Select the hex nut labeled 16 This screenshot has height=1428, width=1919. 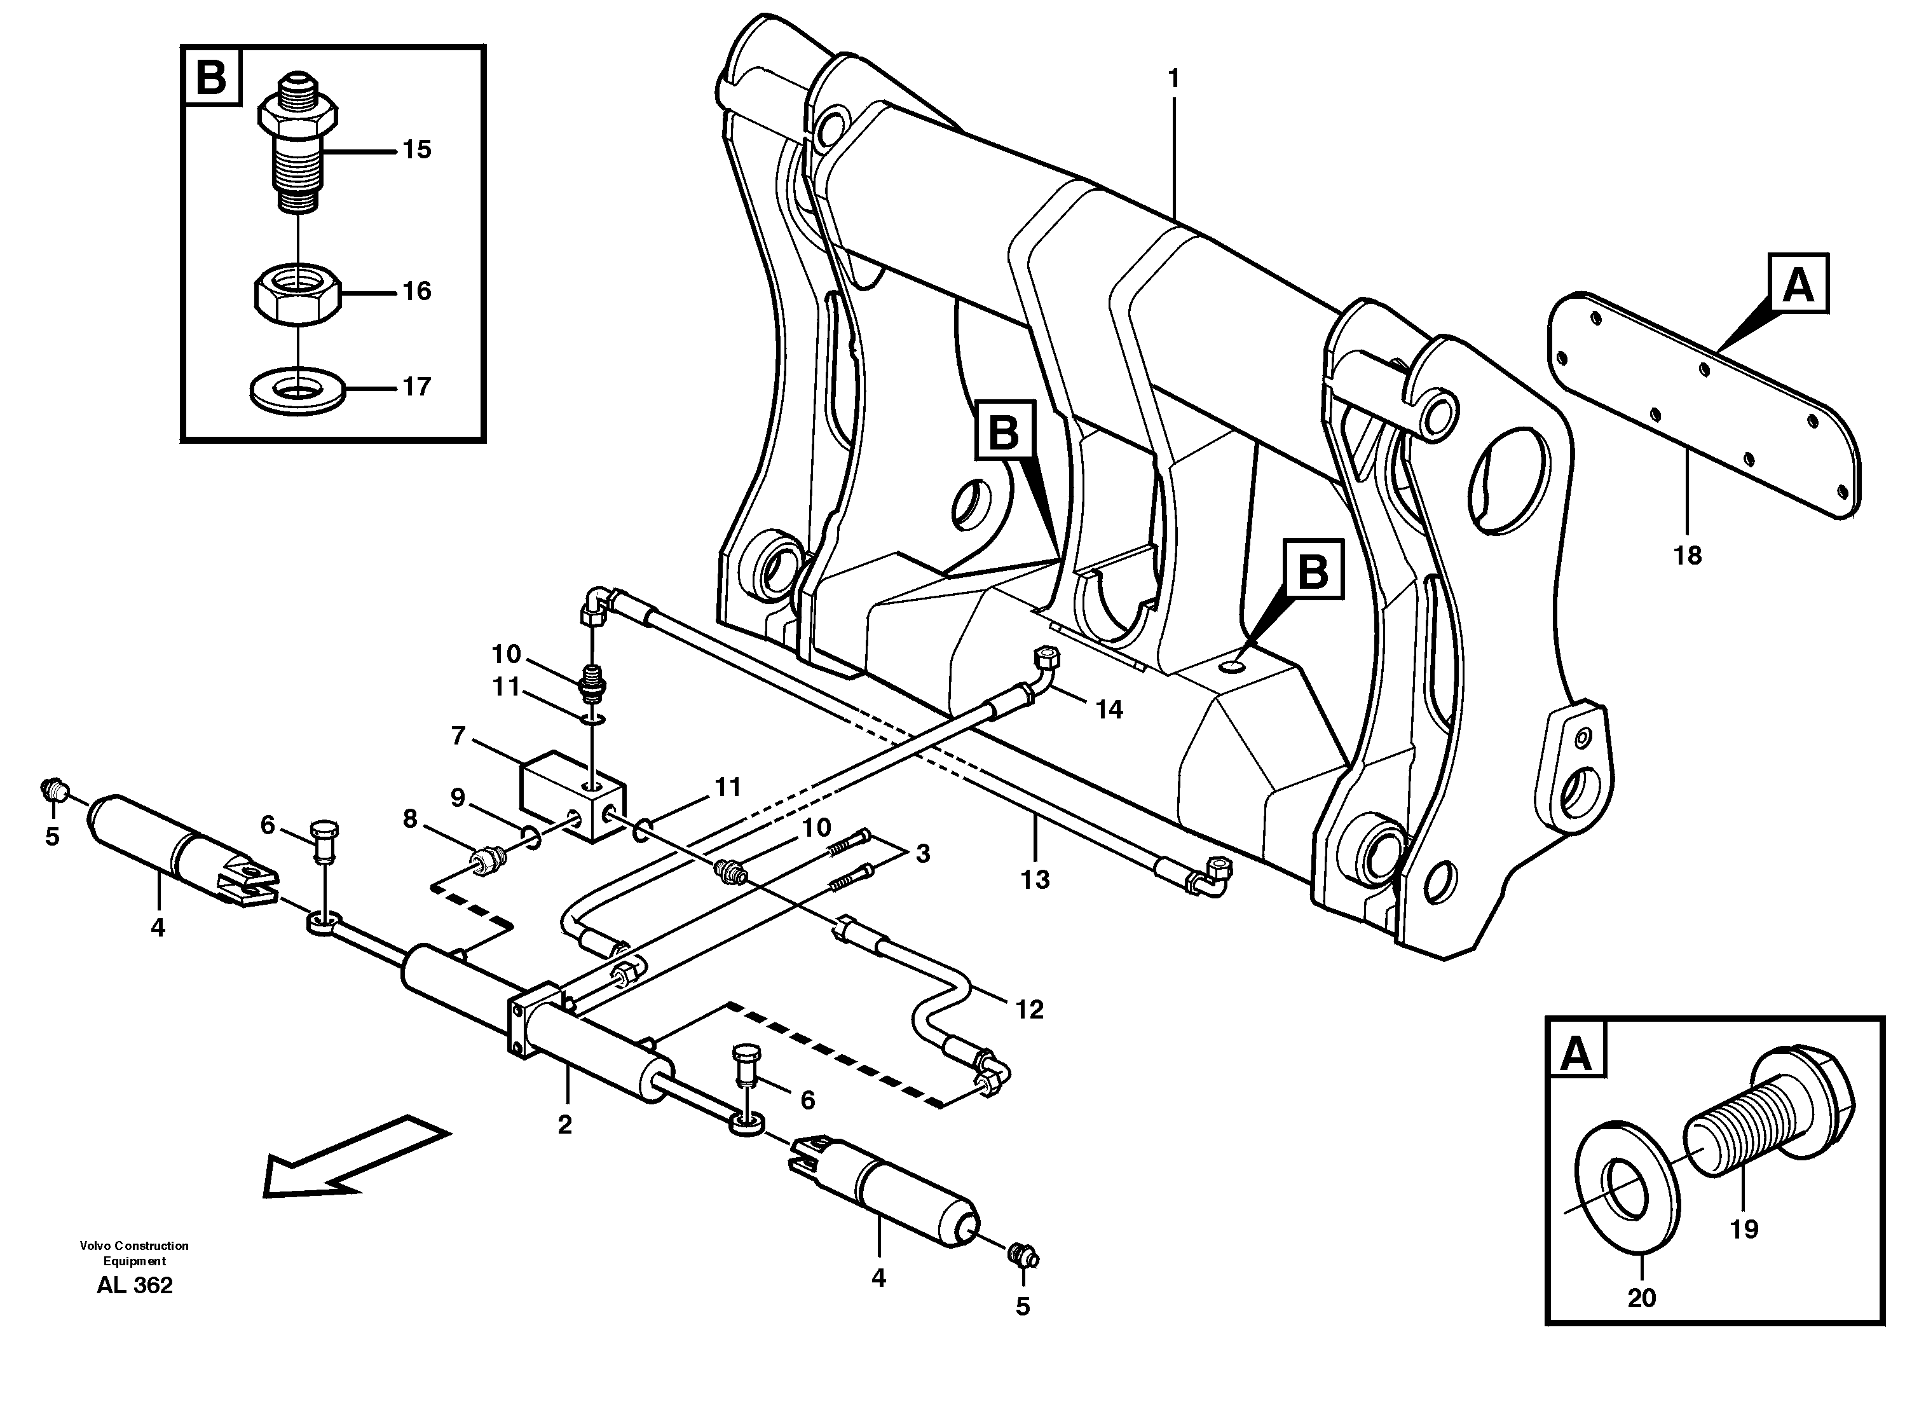(x=298, y=292)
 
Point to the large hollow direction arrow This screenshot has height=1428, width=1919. (x=354, y=1158)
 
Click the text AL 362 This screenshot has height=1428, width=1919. (x=135, y=1286)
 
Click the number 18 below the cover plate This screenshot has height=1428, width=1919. (x=1688, y=555)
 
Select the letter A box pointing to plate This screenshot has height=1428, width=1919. (x=1798, y=283)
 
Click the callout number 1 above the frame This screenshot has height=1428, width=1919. (x=1173, y=79)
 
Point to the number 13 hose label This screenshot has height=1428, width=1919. (x=1034, y=880)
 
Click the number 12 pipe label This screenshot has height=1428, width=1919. (x=1029, y=1010)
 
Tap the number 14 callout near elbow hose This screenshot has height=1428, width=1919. (x=1109, y=710)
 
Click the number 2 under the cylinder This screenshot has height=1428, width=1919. (x=564, y=1125)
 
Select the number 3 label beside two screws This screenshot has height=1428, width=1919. (x=923, y=854)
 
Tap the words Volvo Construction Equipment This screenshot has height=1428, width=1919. (x=135, y=1253)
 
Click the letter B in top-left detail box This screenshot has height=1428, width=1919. (x=212, y=78)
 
